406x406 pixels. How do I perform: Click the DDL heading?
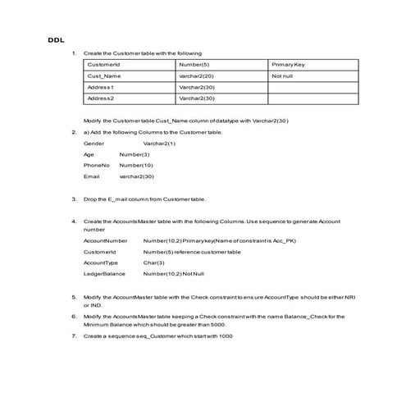(x=54, y=39)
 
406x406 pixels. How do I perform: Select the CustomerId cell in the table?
(x=104, y=64)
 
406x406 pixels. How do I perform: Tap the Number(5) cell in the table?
(x=194, y=64)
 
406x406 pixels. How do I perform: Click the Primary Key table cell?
(x=288, y=64)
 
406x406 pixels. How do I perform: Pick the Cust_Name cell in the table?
(x=104, y=75)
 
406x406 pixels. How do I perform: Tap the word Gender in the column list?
(x=94, y=144)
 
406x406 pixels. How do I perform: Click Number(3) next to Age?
(x=135, y=154)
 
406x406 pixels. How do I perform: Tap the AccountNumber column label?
(x=105, y=241)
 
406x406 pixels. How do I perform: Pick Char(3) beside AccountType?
(x=154, y=262)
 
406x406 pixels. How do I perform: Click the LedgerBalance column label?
(x=104, y=273)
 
